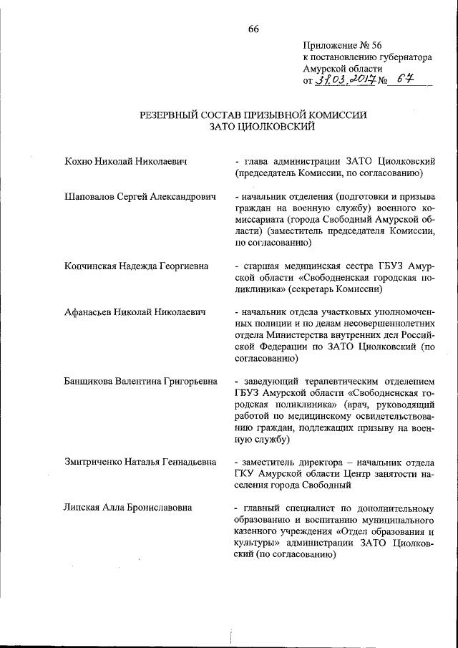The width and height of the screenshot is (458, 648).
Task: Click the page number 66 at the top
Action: click(253, 29)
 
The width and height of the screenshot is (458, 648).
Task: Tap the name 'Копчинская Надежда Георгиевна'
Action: click(136, 266)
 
